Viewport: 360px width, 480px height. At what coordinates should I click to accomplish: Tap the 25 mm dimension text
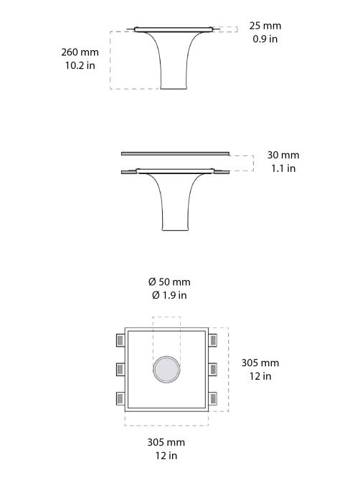pyautogui.click(x=265, y=26)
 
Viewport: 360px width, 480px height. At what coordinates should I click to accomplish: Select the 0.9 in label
pyautogui.click(x=265, y=39)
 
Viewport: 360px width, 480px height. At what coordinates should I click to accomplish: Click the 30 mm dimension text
pyautogui.click(x=283, y=155)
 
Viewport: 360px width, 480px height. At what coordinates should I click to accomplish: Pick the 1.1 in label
pyautogui.click(x=282, y=168)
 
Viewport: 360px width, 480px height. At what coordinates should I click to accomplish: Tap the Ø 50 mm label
pyautogui.click(x=169, y=282)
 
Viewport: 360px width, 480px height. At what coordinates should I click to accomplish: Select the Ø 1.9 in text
pyautogui.click(x=169, y=295)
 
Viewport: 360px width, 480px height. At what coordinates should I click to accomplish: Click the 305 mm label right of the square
pyautogui.click(x=260, y=363)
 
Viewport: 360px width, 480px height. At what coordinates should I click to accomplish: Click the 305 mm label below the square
pyautogui.click(x=166, y=443)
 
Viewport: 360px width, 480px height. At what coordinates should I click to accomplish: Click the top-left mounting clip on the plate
pyautogui.click(x=120, y=340)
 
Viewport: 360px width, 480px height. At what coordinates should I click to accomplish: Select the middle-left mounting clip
pyautogui.click(x=120, y=370)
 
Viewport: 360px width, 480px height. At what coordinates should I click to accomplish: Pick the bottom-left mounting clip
pyautogui.click(x=120, y=399)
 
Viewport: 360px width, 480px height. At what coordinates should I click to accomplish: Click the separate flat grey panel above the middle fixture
pyautogui.click(x=175, y=153)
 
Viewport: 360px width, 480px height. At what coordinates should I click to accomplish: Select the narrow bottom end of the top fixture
pyautogui.click(x=174, y=87)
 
